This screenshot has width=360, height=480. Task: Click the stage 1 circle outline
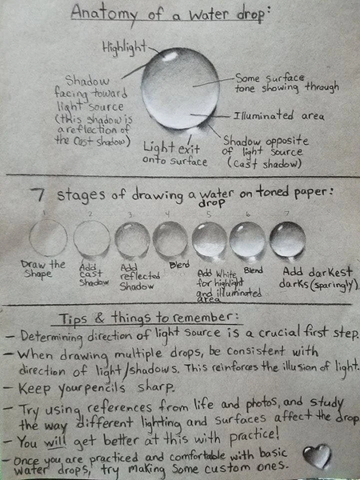pos(47,238)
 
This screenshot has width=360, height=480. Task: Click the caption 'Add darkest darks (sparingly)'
pos(317,277)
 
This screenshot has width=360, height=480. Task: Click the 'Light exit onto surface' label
pos(174,154)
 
